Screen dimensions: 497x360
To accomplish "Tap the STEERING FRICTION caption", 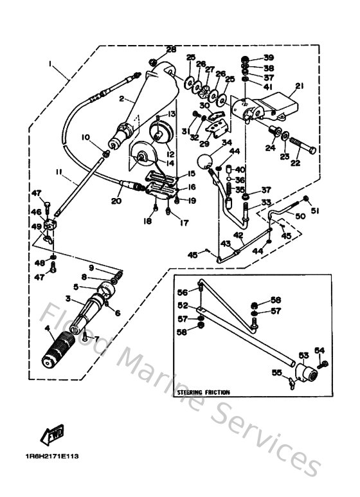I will coord(201,392).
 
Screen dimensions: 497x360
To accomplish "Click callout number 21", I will coord(299,86).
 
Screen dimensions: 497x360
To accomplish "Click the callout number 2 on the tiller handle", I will coord(120,100).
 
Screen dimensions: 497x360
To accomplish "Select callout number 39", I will coord(268,57).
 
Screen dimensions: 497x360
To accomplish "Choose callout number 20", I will coord(116,201).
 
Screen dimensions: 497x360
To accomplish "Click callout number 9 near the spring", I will coord(91,267).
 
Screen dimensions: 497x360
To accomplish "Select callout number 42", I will coord(238,236).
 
